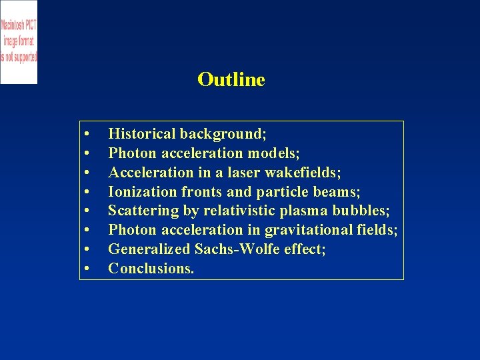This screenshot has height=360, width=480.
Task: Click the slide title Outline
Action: click(231, 79)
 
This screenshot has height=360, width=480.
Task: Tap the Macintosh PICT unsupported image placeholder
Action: click(19, 41)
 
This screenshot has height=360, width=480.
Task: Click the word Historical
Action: click(142, 134)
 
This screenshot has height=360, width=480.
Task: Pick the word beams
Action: click(339, 192)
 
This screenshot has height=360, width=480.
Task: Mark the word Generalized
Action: click(150, 249)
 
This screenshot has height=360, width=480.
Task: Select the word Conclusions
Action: click(151, 269)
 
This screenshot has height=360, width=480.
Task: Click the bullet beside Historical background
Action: click(87, 135)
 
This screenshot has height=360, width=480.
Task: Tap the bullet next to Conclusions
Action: click(87, 269)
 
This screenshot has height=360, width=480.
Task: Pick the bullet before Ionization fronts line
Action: click(87, 193)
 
